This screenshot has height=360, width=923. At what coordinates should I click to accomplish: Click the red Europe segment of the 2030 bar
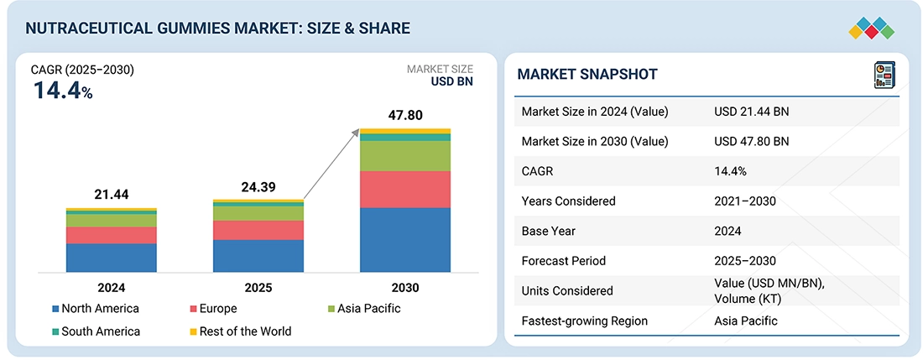coord(405,189)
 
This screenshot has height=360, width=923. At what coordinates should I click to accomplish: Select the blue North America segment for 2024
coord(112,258)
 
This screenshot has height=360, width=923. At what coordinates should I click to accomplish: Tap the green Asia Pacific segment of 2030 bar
coord(405,156)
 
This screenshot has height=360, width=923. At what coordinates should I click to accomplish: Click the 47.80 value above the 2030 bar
coord(404,114)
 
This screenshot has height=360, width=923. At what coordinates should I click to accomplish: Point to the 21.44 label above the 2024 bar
coord(112,195)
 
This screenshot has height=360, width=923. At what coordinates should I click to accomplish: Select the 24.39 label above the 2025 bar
coord(258,187)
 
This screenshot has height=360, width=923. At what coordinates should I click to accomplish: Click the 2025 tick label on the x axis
coord(258,287)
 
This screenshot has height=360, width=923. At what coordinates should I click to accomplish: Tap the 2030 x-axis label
coord(404,287)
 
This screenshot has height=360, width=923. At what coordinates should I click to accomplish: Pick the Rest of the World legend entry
coord(239,331)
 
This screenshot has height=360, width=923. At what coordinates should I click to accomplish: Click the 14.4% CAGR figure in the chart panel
coord(63,91)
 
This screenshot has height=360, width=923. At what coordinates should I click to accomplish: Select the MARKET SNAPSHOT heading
coord(587,75)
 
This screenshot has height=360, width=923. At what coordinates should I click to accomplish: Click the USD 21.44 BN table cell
coord(752,112)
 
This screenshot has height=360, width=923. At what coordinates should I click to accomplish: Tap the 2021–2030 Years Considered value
coord(744,201)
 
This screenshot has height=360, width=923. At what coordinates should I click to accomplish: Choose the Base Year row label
coord(550,231)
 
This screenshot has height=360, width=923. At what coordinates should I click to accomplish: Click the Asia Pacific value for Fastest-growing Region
coord(746,321)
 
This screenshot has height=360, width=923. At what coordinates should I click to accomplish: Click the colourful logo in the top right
coord(872,28)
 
